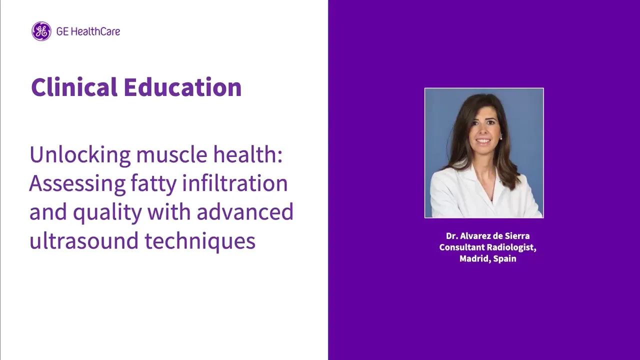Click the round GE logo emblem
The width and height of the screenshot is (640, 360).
[x=41, y=31]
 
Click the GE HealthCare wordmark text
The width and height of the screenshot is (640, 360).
[x=88, y=31]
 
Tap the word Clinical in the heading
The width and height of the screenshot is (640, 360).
[x=74, y=87]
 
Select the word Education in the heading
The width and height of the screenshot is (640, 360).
[x=182, y=87]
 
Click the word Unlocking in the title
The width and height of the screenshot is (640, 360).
[x=80, y=154]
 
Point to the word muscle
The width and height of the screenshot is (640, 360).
[x=171, y=154]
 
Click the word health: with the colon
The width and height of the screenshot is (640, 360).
[x=248, y=154]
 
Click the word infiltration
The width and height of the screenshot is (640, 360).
[x=235, y=183]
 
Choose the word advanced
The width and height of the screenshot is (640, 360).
[x=245, y=211]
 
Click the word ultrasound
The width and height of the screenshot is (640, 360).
[x=84, y=240]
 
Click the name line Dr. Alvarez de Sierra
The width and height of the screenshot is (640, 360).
[x=487, y=236]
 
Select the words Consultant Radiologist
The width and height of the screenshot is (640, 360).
[x=487, y=247]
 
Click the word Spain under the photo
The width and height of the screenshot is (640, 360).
[x=504, y=259]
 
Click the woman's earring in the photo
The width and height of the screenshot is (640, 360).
[x=500, y=138]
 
